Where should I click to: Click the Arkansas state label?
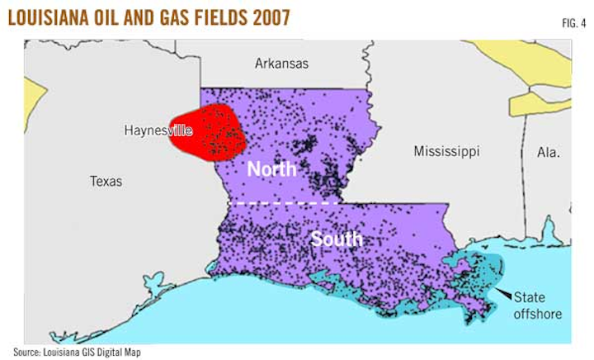tap(281, 63)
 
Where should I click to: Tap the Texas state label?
tap(106, 181)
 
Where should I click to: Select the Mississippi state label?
tap(446, 152)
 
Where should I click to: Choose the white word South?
tap(336, 239)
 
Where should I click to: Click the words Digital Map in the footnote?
tap(130, 351)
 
